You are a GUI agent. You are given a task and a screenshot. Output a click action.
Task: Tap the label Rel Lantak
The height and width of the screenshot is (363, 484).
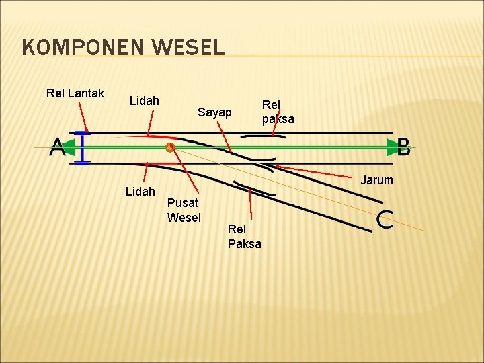tap(75, 93)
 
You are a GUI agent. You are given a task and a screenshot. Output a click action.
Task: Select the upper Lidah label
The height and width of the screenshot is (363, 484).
tap(145, 101)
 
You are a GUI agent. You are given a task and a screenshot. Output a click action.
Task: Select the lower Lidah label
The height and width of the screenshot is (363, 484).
tap(140, 192)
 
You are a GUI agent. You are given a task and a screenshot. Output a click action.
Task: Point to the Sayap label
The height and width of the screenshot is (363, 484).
tap(214, 112)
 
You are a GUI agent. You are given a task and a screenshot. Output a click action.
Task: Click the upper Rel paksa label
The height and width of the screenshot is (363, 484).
tap(278, 112)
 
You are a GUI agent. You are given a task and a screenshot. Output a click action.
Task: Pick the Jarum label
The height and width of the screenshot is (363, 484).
tap(376, 180)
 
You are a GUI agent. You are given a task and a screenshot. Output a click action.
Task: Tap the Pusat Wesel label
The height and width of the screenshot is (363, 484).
tap(184, 210)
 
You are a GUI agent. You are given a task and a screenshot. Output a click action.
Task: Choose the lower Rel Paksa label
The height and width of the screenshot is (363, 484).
tap(244, 237)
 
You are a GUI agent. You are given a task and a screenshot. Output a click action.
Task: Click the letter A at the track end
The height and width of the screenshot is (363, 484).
tap(57, 147)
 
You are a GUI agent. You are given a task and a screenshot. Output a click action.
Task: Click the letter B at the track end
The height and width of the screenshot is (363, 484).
tap(403, 147)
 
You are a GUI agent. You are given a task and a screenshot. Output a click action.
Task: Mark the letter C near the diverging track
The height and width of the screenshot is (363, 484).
tap(385, 220)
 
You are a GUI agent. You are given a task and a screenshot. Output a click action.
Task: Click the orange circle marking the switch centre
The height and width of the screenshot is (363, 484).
tap(170, 147)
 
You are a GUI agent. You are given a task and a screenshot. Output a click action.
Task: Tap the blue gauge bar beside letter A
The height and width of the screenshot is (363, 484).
tap(82, 148)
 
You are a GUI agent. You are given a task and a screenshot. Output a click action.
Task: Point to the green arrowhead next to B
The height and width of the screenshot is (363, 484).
tap(392, 147)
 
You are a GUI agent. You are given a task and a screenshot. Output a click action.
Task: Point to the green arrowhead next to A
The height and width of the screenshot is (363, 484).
tap(69, 147)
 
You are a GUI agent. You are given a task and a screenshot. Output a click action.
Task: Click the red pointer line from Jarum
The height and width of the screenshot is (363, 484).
tap(316, 171)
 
